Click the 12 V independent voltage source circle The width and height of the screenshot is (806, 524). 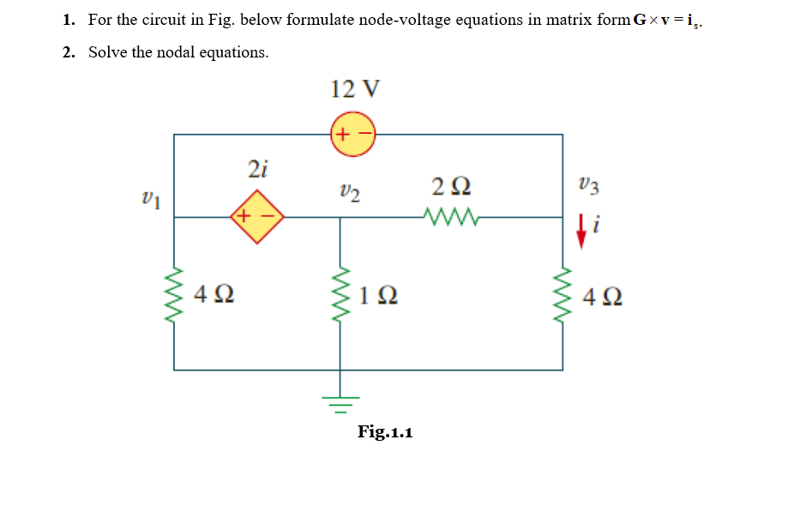[352, 135]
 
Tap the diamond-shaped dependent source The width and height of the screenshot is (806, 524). [256, 217]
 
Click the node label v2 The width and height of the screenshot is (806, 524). [349, 191]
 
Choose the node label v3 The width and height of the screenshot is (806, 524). [588, 184]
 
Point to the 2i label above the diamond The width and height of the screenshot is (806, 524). [257, 168]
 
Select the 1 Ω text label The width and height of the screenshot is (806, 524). [377, 296]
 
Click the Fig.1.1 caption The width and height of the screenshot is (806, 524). [385, 431]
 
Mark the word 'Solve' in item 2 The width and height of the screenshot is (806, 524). [108, 52]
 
